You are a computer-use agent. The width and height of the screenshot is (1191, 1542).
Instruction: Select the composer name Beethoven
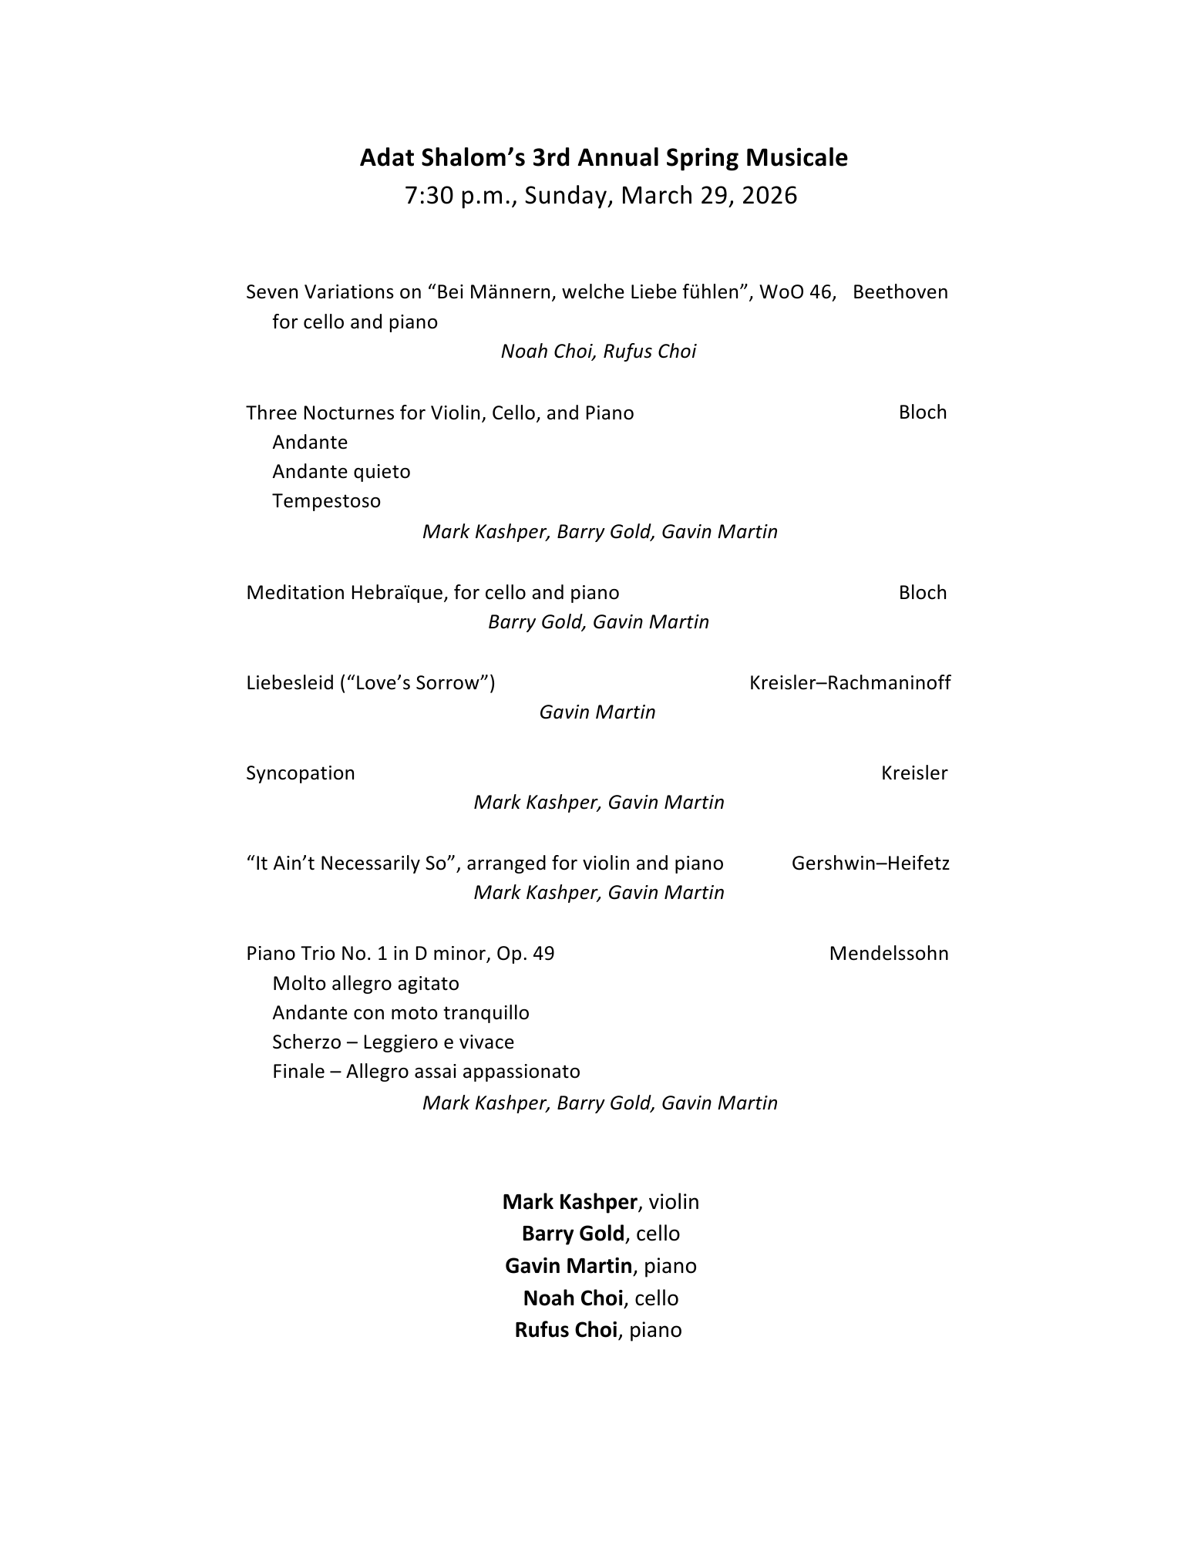(x=900, y=292)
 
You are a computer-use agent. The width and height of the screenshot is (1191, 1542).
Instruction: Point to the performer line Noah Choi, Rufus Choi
(x=598, y=352)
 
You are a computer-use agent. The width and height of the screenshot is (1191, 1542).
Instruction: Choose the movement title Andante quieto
(x=341, y=472)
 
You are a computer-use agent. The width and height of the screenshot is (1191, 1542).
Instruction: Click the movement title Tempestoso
(x=326, y=501)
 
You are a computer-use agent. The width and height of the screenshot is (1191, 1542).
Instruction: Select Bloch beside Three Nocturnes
(x=922, y=412)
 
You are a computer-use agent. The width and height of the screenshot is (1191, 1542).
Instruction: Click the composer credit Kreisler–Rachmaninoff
(x=850, y=683)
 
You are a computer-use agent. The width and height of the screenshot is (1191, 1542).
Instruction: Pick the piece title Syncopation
(x=300, y=773)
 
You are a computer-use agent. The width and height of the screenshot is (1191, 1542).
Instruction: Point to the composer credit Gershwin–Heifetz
(x=870, y=864)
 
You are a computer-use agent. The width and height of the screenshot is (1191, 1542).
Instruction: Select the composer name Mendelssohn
(x=888, y=954)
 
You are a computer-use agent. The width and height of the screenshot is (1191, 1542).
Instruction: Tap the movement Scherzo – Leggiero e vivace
(x=392, y=1042)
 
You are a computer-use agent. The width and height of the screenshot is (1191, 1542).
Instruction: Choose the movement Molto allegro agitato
(x=365, y=984)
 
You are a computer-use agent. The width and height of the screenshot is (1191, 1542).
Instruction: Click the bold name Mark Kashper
(x=570, y=1202)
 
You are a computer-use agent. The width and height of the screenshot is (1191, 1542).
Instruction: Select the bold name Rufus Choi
(x=566, y=1330)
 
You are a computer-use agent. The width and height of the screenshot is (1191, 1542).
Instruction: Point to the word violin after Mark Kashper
(x=674, y=1202)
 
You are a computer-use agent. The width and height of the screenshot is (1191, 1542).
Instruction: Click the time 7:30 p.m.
(x=459, y=196)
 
